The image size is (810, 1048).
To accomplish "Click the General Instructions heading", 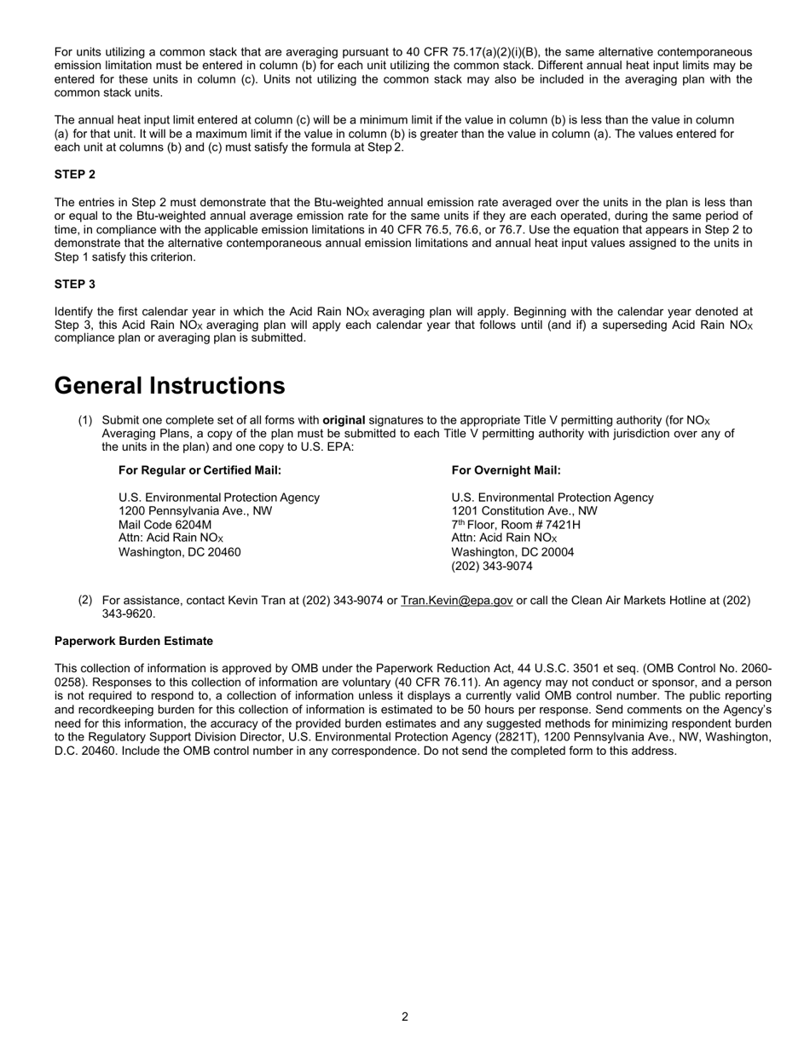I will click(x=170, y=386).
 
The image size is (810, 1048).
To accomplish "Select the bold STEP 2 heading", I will click(x=75, y=175).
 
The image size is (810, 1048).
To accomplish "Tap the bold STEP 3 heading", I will click(x=75, y=284).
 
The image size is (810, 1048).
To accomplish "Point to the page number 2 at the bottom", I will click(x=405, y=1016).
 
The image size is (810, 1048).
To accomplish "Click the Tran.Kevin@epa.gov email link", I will click(x=456, y=600).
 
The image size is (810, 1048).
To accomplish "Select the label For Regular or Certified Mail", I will click(x=200, y=470).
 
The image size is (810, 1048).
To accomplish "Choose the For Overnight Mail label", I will click(x=506, y=470).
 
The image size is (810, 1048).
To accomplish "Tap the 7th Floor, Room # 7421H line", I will click(x=516, y=525).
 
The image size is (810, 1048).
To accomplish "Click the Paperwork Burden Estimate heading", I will click(x=134, y=641).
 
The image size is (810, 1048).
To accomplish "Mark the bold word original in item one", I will click(x=344, y=420).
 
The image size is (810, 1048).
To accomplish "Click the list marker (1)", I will click(x=85, y=420).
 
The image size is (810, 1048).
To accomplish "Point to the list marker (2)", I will click(x=85, y=600).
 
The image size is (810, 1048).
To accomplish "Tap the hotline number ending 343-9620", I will click(x=129, y=613).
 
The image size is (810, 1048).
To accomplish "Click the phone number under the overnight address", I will click(x=492, y=566).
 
